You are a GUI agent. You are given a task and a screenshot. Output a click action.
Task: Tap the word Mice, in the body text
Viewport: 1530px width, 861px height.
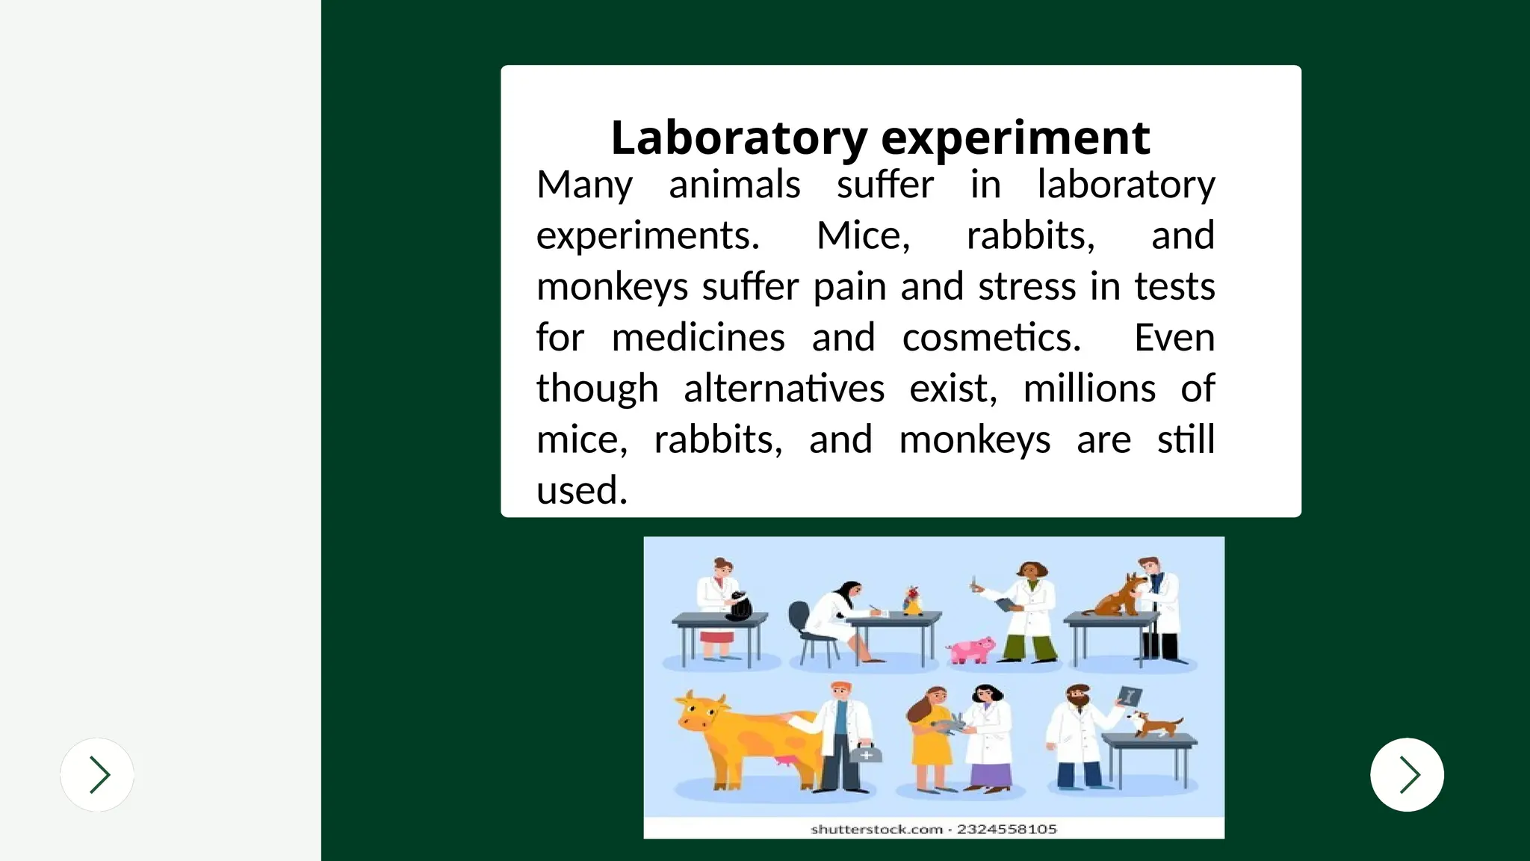pyautogui.click(x=863, y=236)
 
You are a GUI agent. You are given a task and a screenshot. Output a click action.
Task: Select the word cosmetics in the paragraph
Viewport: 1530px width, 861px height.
pyautogui.click(x=991, y=338)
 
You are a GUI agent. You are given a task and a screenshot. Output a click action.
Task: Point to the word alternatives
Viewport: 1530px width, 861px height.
pyautogui.click(x=784, y=389)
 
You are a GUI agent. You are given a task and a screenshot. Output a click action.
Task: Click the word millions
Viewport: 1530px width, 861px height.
pyautogui.click(x=1089, y=389)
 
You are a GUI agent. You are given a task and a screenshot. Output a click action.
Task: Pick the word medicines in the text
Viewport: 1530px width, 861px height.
pyautogui.click(x=698, y=338)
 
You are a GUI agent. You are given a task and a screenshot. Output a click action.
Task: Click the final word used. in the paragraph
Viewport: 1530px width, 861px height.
pyautogui.click(x=581, y=491)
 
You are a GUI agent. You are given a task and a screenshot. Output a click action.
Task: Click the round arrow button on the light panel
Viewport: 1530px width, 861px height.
pyautogui.click(x=97, y=774)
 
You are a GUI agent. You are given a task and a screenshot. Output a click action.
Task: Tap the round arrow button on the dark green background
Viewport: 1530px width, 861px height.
pyautogui.click(x=1407, y=774)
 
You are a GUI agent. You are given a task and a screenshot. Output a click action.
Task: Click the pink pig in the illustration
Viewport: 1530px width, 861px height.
pyautogui.click(x=971, y=650)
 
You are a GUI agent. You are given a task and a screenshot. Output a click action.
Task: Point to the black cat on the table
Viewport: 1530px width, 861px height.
pyautogui.click(x=740, y=605)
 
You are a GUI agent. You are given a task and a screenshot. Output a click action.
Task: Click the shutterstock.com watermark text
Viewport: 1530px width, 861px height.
pyautogui.click(x=876, y=829)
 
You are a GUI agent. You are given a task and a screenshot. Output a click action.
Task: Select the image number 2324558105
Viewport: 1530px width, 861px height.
pyautogui.click(x=1006, y=829)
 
